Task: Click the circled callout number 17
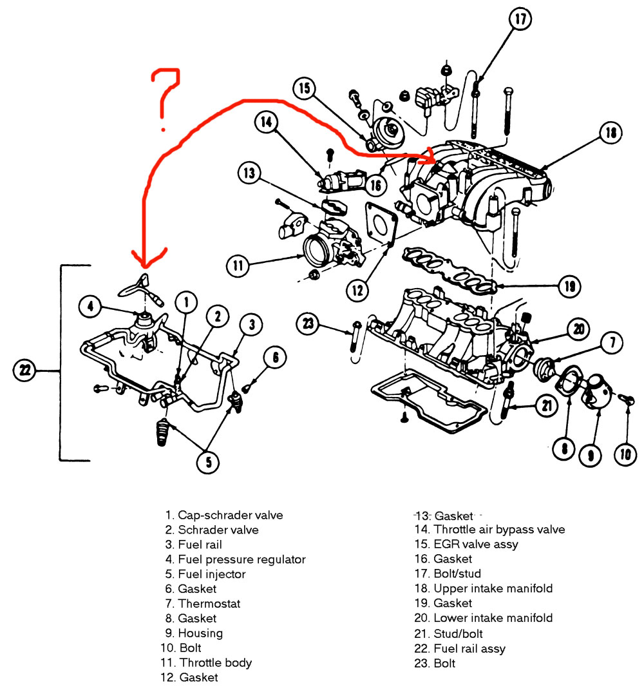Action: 521,20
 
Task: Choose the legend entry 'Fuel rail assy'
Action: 469,648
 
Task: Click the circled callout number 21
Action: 547,406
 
